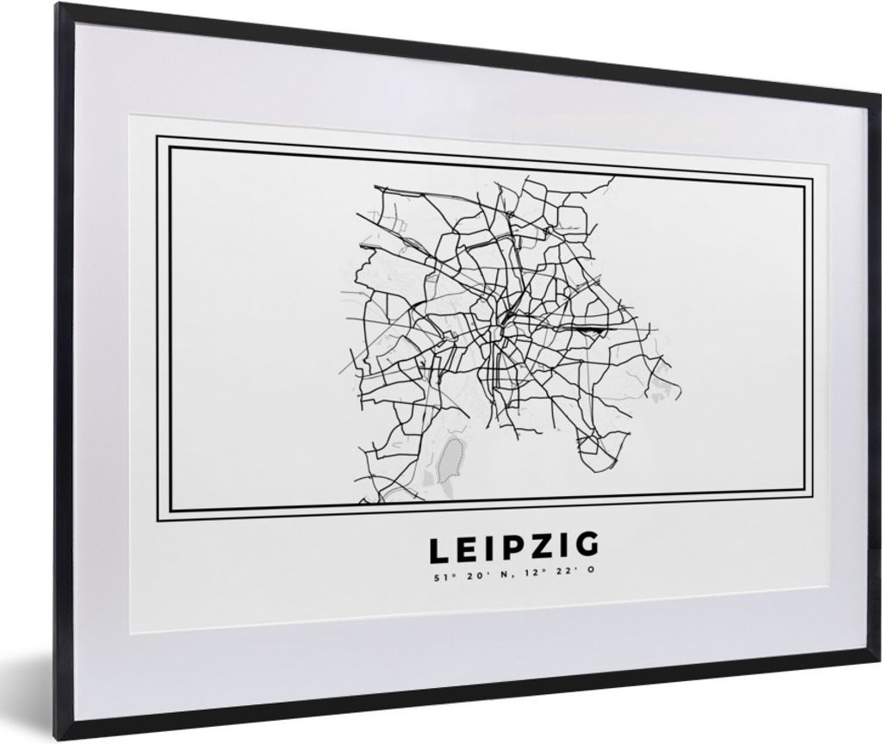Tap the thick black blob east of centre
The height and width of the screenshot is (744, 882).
coord(585,329)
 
